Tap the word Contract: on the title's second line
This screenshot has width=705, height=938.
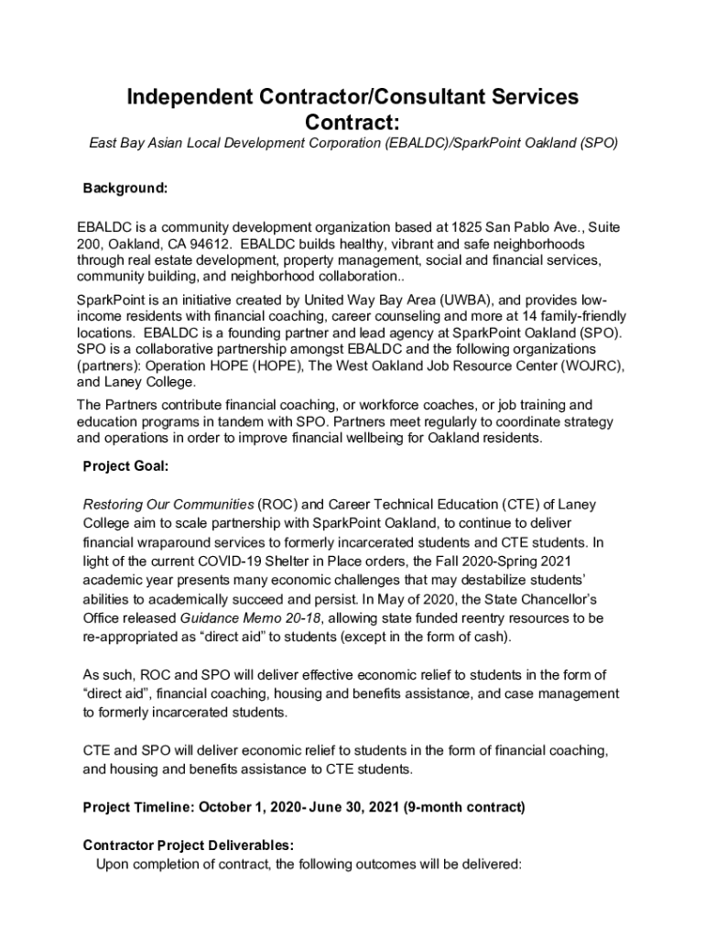pyautogui.click(x=352, y=121)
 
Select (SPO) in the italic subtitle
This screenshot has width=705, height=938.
pyautogui.click(x=597, y=144)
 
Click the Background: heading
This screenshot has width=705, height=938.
pyautogui.click(x=125, y=188)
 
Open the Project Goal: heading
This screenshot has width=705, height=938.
pyautogui.click(x=125, y=466)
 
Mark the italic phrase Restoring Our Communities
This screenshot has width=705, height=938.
pyautogui.click(x=168, y=505)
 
